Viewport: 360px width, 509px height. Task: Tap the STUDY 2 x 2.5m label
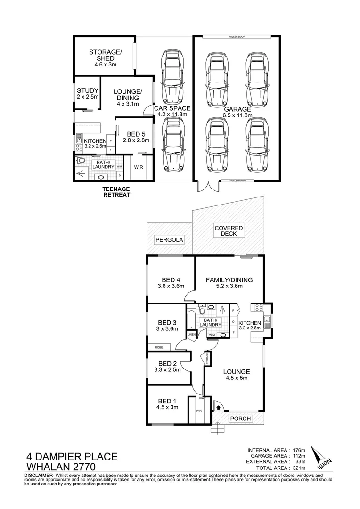tap(88, 93)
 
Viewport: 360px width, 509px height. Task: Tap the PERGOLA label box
tap(169, 240)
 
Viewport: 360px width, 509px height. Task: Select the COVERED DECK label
tap(229, 231)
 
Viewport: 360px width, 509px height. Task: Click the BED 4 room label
tap(170, 282)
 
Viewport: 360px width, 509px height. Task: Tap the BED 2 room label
tap(167, 367)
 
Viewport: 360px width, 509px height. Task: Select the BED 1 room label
tap(167, 404)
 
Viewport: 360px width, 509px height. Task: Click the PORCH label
tap(240, 419)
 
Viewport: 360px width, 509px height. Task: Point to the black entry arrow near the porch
tap(218, 405)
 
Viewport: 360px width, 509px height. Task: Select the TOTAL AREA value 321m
tap(298, 468)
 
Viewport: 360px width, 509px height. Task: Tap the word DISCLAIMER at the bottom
tap(38, 476)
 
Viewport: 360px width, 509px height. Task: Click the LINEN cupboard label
tap(191, 335)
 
